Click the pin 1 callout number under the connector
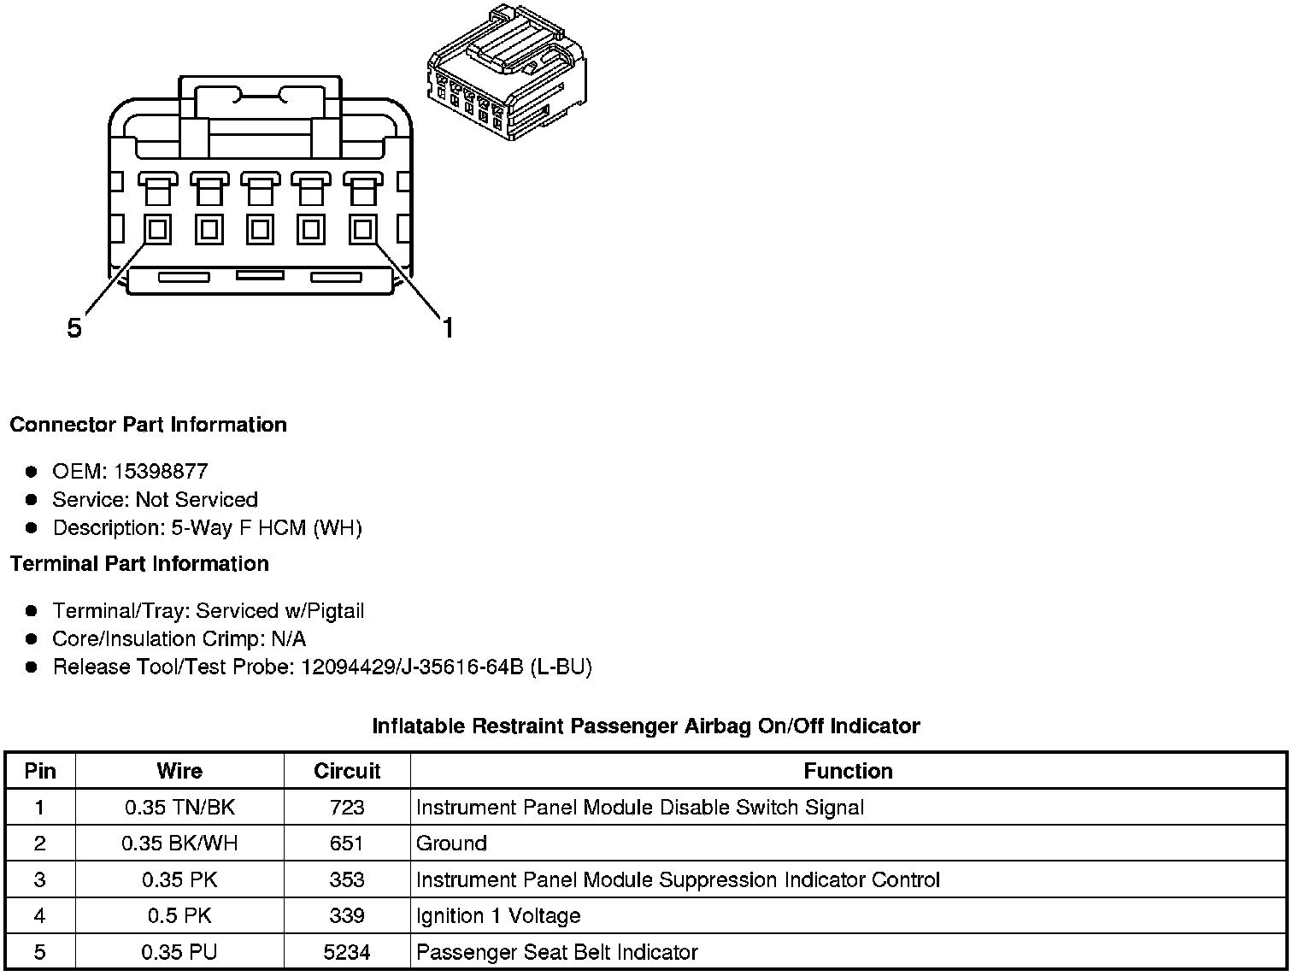(447, 327)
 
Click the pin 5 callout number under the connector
(74, 328)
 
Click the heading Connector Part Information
(148, 425)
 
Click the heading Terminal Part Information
(139, 563)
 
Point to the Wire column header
(179, 771)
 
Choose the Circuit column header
(347, 771)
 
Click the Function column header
(848, 771)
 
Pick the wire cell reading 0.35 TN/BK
(179, 807)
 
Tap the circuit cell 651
(347, 844)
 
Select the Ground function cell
(451, 844)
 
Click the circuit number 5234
(347, 952)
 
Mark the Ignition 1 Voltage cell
(498, 916)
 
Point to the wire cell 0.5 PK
(179, 916)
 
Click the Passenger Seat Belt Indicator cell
(556, 952)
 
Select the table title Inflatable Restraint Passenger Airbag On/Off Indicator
(646, 726)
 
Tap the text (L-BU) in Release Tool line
(561, 667)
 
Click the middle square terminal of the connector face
(261, 229)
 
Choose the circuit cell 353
(347, 879)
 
